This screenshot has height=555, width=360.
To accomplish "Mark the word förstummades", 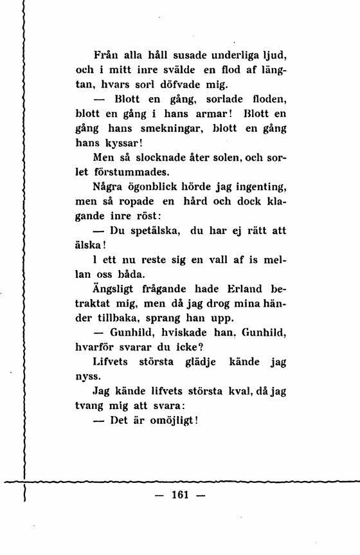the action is [x=132, y=172].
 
